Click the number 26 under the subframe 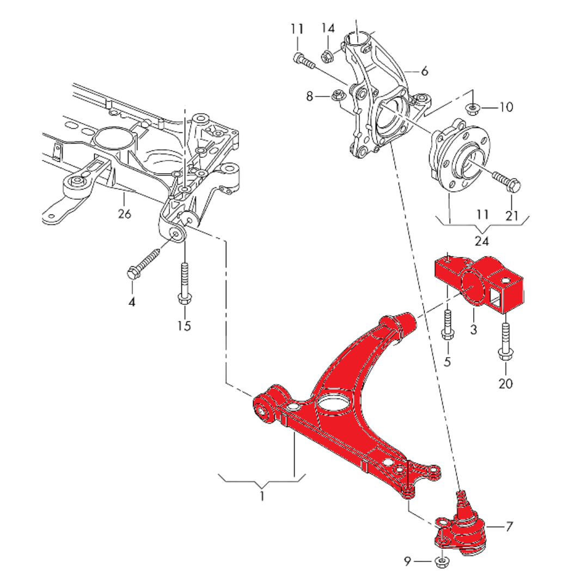[124, 214]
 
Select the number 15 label [184, 326]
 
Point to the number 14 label [328, 28]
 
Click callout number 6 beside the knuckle [425, 71]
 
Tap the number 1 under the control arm [262, 496]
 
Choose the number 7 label [509, 526]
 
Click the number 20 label [505, 384]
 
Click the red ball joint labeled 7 [463, 531]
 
